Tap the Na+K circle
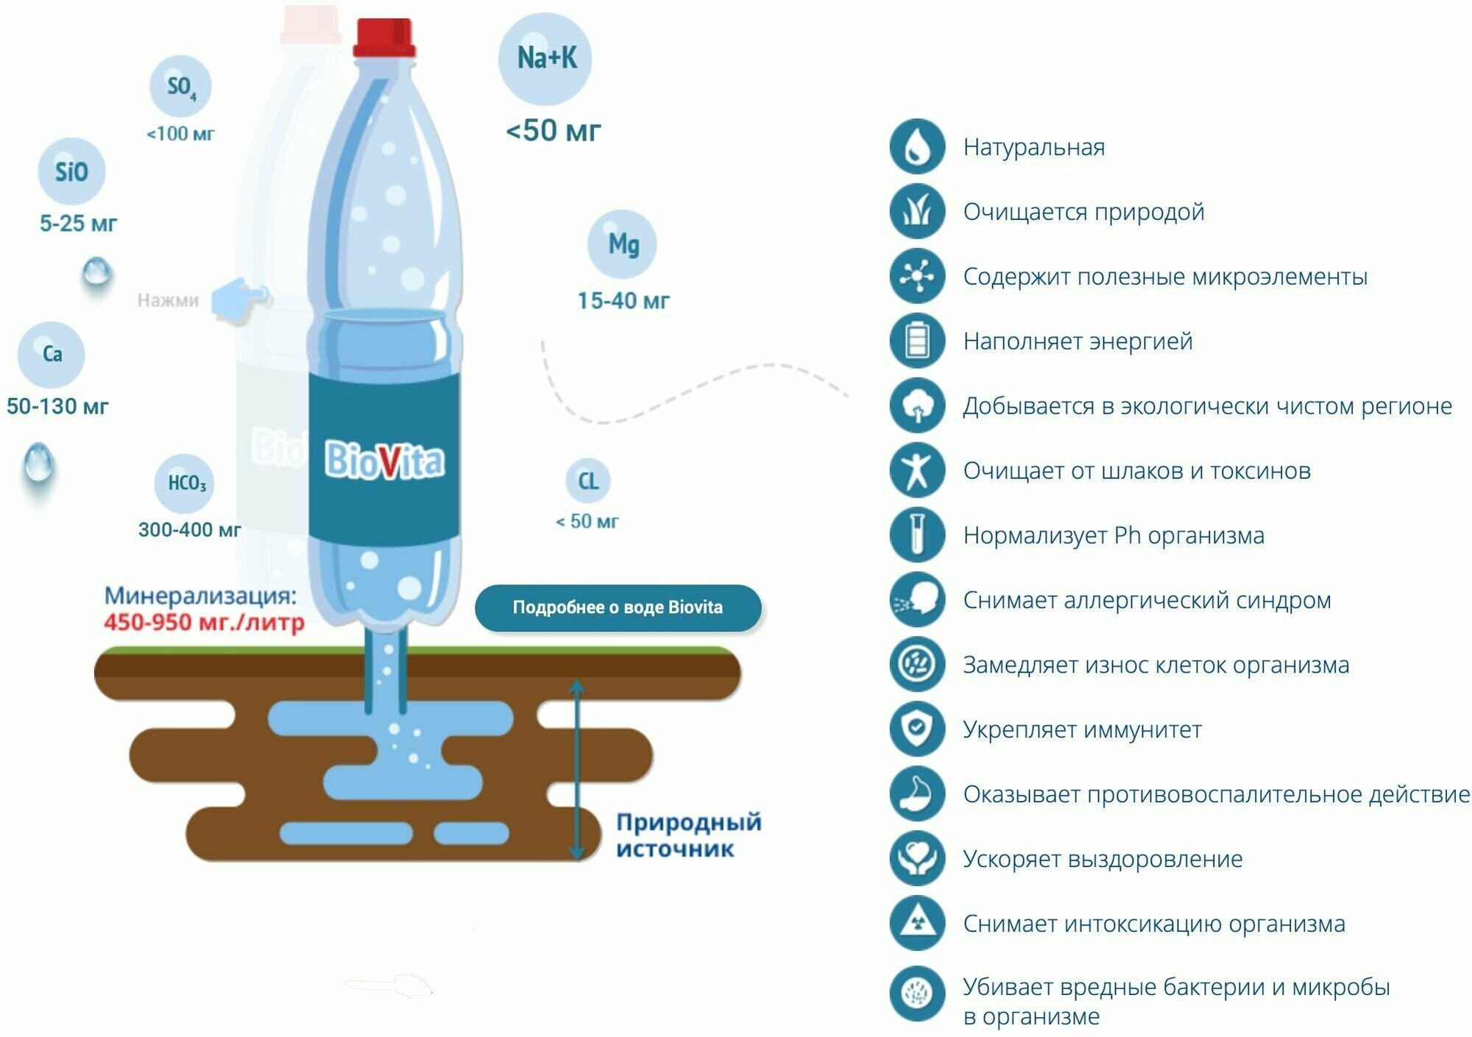[x=545, y=59]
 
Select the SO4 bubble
[x=180, y=87]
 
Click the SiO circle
[x=71, y=171]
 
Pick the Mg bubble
[x=623, y=244]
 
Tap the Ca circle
[x=52, y=355]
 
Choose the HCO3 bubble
[x=185, y=483]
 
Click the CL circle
[x=587, y=481]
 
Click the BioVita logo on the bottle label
[x=384, y=461]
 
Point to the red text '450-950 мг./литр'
[x=204, y=623]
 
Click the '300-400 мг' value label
[x=189, y=530]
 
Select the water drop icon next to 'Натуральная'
[x=916, y=147]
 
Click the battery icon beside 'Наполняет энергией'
[x=916, y=341]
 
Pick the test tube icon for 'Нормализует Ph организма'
[x=916, y=535]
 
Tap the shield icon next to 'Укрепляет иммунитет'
[x=916, y=729]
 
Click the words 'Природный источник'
[x=688, y=835]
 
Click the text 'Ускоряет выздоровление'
[x=1103, y=859]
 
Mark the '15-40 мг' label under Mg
[x=623, y=301]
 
